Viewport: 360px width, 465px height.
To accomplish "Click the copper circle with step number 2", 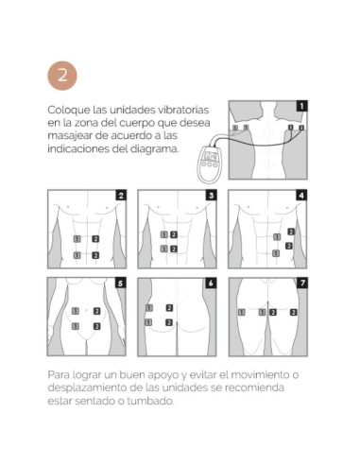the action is pos(62,76).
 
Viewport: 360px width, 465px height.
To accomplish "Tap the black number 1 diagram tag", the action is pos(301,106).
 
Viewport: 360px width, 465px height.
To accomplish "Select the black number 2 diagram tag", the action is pos(121,196).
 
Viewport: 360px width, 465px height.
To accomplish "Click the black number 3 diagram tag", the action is pos(212,196).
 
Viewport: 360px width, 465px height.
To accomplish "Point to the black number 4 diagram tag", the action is pos(301,196).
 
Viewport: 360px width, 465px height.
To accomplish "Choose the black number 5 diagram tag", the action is pos(120,284).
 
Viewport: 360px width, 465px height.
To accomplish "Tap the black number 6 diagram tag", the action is pos(211,284).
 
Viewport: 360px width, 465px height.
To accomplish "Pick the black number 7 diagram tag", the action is pos(302,284).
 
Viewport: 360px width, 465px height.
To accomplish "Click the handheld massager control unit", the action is pos(209,164).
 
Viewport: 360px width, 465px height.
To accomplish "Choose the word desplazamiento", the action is pos(87,387).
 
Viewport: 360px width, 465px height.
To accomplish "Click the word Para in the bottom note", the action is pos(59,375).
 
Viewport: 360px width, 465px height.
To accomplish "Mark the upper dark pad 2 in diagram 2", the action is pos(95,239).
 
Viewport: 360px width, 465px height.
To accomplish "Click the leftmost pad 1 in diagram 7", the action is pos(241,312).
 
